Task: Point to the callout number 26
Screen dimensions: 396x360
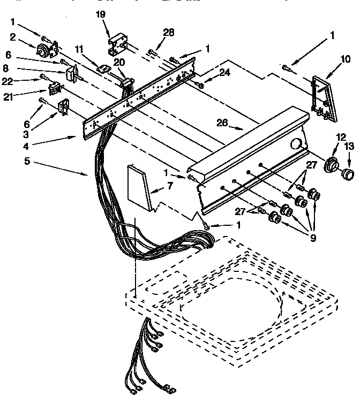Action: (x=222, y=123)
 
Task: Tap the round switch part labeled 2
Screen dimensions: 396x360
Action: (x=42, y=51)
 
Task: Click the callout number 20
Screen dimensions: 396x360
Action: (x=119, y=62)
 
